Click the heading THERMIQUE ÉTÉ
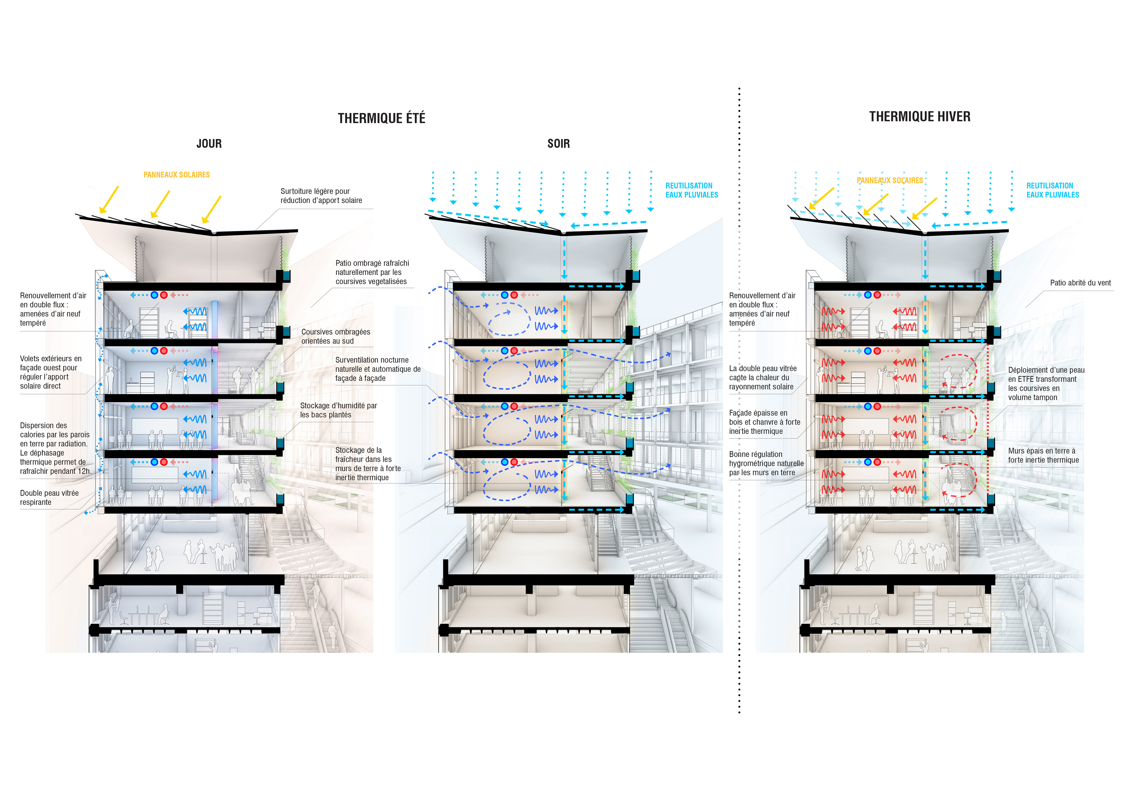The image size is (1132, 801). pos(381,118)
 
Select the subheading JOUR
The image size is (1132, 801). pos(209,144)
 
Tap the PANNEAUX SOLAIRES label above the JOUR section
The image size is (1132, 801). pos(177,175)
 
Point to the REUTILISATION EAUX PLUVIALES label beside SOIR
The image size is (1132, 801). pos(691,190)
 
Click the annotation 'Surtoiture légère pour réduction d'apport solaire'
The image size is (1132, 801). pos(321,196)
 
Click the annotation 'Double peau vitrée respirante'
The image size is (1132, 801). pos(49,497)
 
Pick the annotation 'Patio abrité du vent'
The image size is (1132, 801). pos(1080,283)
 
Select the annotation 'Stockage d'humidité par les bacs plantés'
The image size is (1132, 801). pos(338,410)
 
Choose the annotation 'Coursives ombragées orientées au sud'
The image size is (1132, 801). pos(335,337)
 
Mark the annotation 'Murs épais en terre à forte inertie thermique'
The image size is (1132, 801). pos(1043,455)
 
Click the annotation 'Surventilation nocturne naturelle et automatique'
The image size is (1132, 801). pos(378,369)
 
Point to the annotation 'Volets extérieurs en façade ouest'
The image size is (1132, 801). pos(50,372)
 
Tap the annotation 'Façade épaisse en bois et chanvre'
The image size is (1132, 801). pos(764,422)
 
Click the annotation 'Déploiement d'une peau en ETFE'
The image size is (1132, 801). pos(1046,384)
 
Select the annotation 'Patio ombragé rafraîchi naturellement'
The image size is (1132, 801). pos(372,272)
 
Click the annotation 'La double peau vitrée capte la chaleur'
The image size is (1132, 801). pos(762,378)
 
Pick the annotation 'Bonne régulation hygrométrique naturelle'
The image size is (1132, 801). pos(766,463)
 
